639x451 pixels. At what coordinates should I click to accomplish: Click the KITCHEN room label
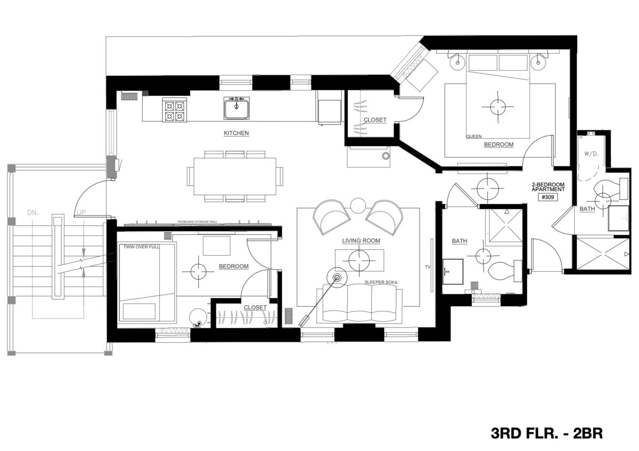click(x=236, y=133)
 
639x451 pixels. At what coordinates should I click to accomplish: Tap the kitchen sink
click(x=236, y=108)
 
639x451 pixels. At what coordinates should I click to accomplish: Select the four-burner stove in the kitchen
click(x=174, y=110)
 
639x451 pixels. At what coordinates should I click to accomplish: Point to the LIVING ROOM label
click(x=361, y=241)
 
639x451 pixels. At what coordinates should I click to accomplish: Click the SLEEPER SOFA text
click(x=381, y=282)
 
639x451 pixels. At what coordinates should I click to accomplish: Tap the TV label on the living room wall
click(x=427, y=267)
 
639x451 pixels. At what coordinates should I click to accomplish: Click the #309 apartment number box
click(x=548, y=197)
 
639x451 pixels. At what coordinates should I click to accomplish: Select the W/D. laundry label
click(x=592, y=154)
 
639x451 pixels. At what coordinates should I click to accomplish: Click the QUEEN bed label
click(x=474, y=137)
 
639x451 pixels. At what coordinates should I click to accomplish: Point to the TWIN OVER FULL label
click(x=142, y=247)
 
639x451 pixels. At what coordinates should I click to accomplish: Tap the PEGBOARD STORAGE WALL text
click(x=198, y=222)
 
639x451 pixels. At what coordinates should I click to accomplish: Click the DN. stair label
click(x=33, y=212)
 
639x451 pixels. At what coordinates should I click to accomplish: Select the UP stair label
click(x=81, y=212)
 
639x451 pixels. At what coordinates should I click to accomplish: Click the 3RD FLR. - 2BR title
click(x=546, y=433)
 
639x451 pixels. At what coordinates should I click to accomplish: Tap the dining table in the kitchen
click(x=235, y=176)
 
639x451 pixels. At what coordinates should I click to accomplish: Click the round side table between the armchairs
click(x=358, y=206)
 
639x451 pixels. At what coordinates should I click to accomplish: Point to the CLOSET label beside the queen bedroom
click(x=375, y=120)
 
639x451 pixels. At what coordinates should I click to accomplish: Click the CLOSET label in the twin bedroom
click(x=255, y=308)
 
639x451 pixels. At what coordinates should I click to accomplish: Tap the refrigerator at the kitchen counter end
click(x=330, y=108)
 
